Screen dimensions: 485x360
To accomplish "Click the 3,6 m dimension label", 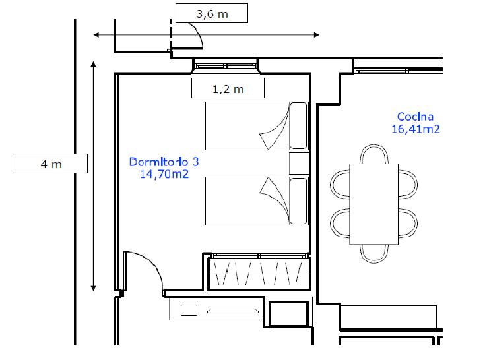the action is click(212, 14).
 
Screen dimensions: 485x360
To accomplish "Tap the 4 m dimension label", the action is click(51, 164).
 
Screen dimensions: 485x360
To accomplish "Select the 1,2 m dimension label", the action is click(228, 89).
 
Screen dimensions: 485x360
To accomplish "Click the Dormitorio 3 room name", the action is click(164, 162).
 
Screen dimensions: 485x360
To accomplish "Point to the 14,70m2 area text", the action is click(164, 174).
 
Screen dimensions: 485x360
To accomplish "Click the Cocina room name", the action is click(415, 117).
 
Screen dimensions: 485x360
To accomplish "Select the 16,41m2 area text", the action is click(416, 129).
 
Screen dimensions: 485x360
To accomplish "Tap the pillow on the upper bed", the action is click(298, 125).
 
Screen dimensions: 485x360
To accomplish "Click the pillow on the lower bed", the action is click(298, 201).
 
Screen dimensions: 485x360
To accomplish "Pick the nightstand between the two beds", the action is click(300, 163).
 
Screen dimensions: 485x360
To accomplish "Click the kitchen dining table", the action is click(373, 204).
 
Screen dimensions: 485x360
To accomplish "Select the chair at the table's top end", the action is click(374, 154).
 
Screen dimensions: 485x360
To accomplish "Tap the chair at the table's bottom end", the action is click(374, 254).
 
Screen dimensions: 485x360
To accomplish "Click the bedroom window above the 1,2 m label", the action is click(226, 65).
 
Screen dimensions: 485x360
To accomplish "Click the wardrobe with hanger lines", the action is click(259, 272).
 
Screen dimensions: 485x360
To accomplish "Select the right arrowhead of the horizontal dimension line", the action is click(317, 34).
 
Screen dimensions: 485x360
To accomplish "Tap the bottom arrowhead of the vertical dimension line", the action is click(93, 289).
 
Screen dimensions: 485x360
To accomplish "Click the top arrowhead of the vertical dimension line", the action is click(93, 64).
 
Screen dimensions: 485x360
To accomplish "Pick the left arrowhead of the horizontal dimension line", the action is click(96, 34).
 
